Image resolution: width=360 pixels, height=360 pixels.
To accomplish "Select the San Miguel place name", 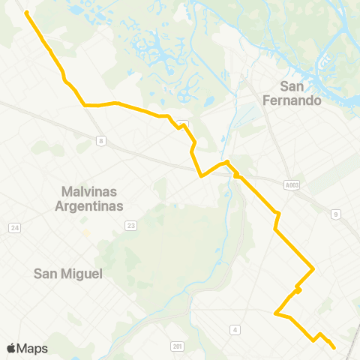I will coord(67,274).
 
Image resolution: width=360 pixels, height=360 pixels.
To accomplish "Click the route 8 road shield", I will coord(100,140).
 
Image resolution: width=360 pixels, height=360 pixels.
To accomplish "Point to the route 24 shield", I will coord(13,228).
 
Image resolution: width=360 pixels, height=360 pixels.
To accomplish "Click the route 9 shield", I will coord(336,214).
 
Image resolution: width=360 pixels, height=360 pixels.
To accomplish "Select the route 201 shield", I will coord(177,346).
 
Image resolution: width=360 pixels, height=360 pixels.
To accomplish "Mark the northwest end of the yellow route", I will coord(27,13).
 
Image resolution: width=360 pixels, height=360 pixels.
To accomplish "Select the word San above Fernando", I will coord(292,85).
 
